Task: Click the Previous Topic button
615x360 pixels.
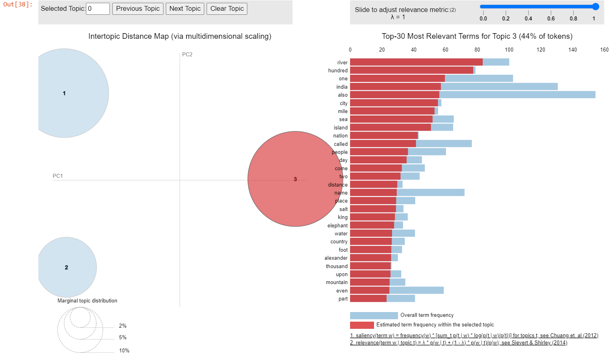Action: point(137,9)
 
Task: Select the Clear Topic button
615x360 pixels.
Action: point(227,9)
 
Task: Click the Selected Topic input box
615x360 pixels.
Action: point(98,9)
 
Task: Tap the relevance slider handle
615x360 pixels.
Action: point(595,6)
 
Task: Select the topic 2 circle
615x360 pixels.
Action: point(67,267)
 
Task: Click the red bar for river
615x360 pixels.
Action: point(416,62)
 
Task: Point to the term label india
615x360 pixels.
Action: point(342,87)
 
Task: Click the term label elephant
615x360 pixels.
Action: point(337,226)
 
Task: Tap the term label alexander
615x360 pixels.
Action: point(336,258)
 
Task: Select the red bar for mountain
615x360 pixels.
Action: point(370,282)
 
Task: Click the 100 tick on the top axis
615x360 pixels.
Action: point(509,50)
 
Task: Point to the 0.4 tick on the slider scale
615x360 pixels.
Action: point(528,18)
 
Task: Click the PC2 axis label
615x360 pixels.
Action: point(187,54)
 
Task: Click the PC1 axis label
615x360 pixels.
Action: point(58,176)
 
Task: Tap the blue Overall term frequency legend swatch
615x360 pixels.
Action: point(374,316)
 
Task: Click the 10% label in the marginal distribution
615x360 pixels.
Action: point(124,350)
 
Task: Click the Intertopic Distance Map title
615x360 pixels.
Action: point(179,36)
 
